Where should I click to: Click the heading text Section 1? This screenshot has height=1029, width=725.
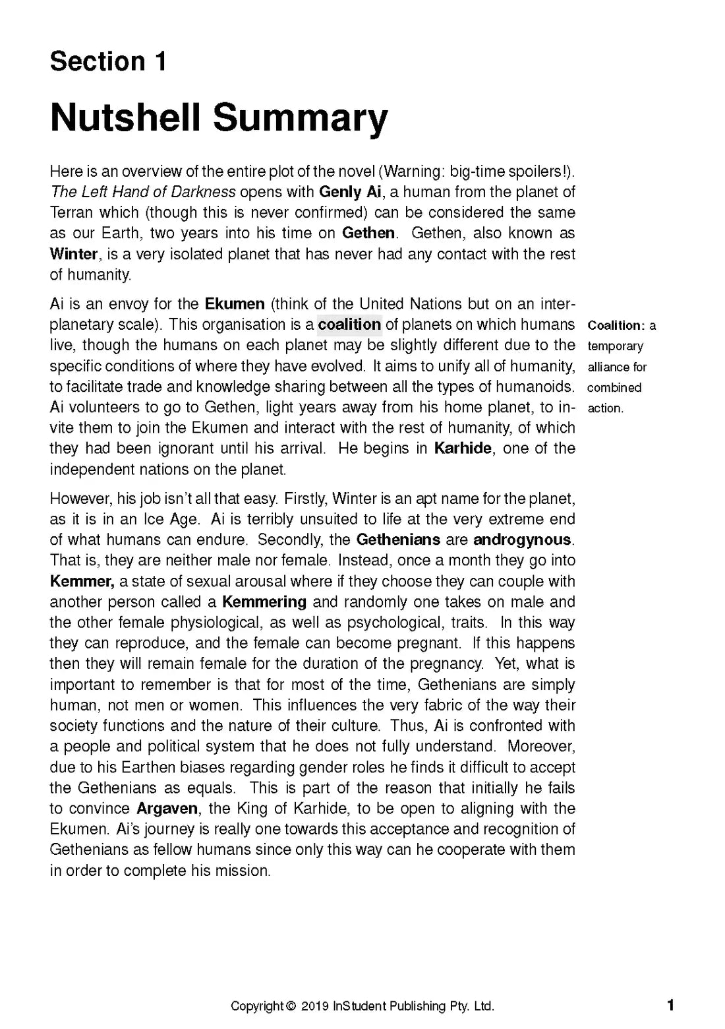coord(107,62)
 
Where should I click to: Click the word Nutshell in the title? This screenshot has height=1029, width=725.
coord(126,118)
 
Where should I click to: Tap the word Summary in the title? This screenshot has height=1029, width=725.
coord(300,118)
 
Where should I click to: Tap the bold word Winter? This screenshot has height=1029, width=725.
coord(73,254)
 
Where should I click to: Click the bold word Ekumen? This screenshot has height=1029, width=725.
coord(235,304)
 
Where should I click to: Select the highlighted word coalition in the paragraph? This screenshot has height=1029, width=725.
coord(349,325)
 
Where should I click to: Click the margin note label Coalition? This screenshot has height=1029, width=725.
coord(615,325)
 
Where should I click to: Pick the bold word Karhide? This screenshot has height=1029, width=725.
coord(463,449)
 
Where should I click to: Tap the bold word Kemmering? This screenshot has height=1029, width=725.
coord(264,602)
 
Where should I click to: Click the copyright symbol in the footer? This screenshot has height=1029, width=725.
coord(291,1007)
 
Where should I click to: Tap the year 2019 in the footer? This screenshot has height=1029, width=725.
coord(315,1007)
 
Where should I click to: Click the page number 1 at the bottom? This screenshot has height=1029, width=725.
coord(670,1005)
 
